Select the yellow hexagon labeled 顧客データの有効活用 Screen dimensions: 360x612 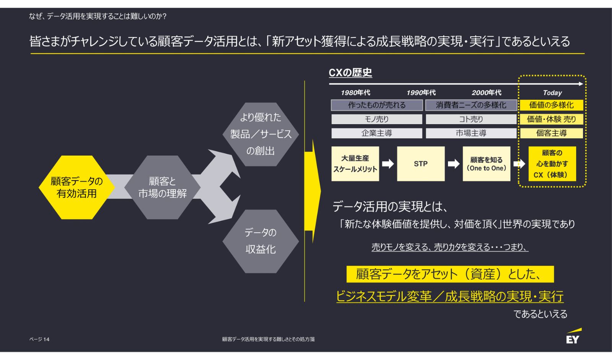(76, 187)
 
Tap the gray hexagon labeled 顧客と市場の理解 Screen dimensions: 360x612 (163, 187)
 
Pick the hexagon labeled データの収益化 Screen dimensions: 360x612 (260, 241)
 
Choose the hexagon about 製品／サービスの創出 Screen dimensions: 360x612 (260, 134)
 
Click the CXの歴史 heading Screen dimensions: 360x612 (350, 73)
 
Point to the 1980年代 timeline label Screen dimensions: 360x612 (355, 93)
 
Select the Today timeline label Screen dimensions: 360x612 (552, 93)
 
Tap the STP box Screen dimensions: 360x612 (421, 164)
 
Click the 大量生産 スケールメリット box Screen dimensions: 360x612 (355, 164)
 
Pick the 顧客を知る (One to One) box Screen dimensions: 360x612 (486, 164)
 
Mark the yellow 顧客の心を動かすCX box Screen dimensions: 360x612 (552, 164)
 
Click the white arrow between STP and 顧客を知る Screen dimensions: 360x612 (454, 164)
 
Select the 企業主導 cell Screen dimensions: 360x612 (377, 133)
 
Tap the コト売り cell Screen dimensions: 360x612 (471, 119)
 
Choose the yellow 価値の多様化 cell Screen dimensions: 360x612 (551, 105)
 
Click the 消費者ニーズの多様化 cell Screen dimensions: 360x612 (471, 105)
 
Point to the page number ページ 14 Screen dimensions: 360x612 (39, 339)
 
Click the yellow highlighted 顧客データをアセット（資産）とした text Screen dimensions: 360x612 (450, 274)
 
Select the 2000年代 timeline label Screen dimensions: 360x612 (486, 93)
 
